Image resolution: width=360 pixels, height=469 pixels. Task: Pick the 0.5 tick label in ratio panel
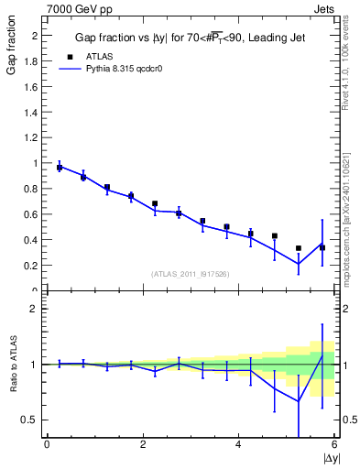pos(29,420)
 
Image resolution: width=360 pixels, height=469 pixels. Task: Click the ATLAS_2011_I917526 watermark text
pos(190,273)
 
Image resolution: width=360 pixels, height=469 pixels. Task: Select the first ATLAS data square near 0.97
pos(60,168)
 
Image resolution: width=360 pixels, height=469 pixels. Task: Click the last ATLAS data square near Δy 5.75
pos(322,247)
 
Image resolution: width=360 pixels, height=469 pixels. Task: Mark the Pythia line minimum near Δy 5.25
pos(299,264)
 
